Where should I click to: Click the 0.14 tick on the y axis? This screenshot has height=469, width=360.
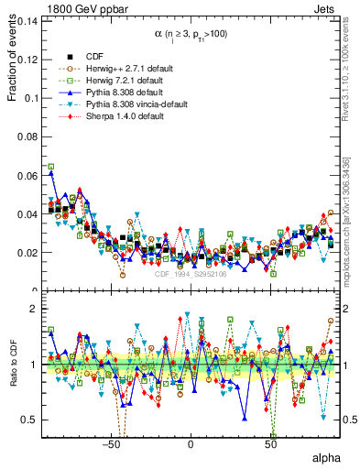click(x=27, y=20)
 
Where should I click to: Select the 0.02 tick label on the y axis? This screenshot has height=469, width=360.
click(x=27, y=252)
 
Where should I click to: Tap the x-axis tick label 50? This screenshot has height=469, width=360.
click(x=270, y=444)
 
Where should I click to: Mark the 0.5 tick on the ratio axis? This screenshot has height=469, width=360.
click(x=30, y=420)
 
